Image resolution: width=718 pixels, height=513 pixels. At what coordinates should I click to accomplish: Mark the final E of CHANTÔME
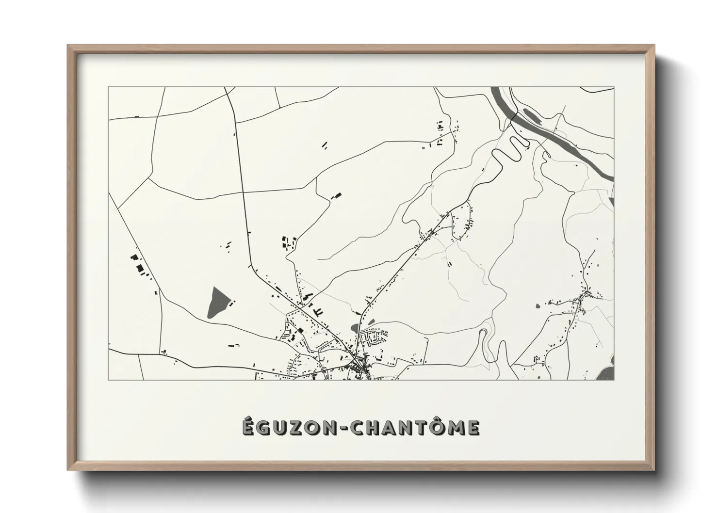tap(474, 428)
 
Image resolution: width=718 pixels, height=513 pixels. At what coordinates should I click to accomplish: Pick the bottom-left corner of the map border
tap(108, 380)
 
